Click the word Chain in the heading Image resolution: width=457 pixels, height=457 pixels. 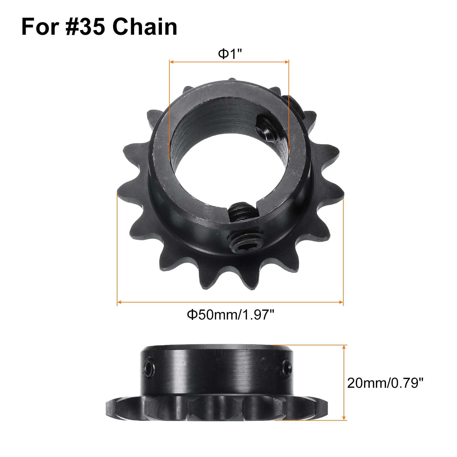tap(145, 27)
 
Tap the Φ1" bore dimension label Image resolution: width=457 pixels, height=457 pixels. tap(230, 53)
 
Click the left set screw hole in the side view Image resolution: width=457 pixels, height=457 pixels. tap(149, 366)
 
